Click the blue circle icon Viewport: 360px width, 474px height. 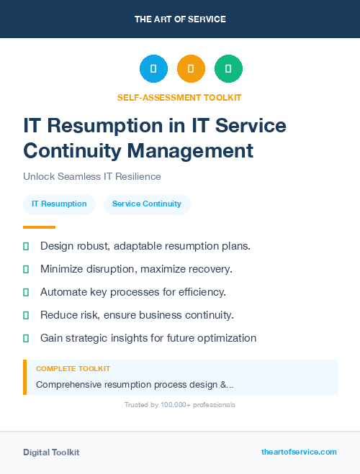pyautogui.click(x=153, y=68)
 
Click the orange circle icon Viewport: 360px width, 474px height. pyautogui.click(x=191, y=68)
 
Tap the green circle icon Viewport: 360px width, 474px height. pyautogui.click(x=228, y=68)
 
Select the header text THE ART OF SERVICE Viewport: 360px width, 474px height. pyautogui.click(x=180, y=19)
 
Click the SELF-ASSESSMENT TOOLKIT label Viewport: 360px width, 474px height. pyautogui.click(x=179, y=97)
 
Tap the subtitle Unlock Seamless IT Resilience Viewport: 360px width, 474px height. pyautogui.click(x=92, y=176)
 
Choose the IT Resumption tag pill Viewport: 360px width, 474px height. pyautogui.click(x=59, y=204)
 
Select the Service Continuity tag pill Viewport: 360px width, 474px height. pyautogui.click(x=147, y=204)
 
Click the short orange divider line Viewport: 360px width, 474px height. pyautogui.click(x=39, y=227)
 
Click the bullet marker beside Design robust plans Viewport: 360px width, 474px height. pyautogui.click(x=26, y=246)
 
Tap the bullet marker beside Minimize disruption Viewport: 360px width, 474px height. pyautogui.click(x=26, y=269)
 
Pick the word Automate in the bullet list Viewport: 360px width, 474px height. pyautogui.click(x=63, y=292)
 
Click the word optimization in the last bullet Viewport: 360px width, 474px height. pyautogui.click(x=225, y=338)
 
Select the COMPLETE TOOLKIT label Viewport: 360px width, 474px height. pyautogui.click(x=73, y=368)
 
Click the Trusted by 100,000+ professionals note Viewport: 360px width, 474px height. pyautogui.click(x=180, y=405)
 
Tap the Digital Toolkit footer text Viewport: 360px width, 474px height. pyautogui.click(x=51, y=452)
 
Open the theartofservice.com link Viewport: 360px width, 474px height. pyautogui.click(x=299, y=452)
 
